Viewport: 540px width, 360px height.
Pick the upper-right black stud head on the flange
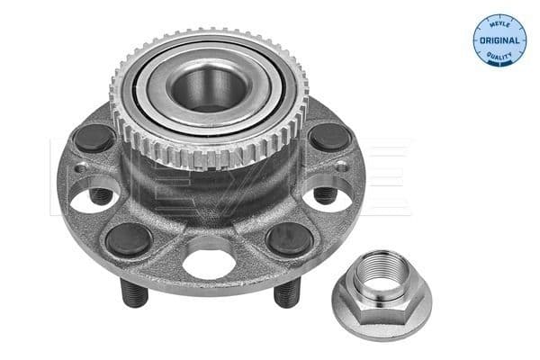pos(331,138)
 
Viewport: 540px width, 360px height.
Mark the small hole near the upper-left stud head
pos(80,167)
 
